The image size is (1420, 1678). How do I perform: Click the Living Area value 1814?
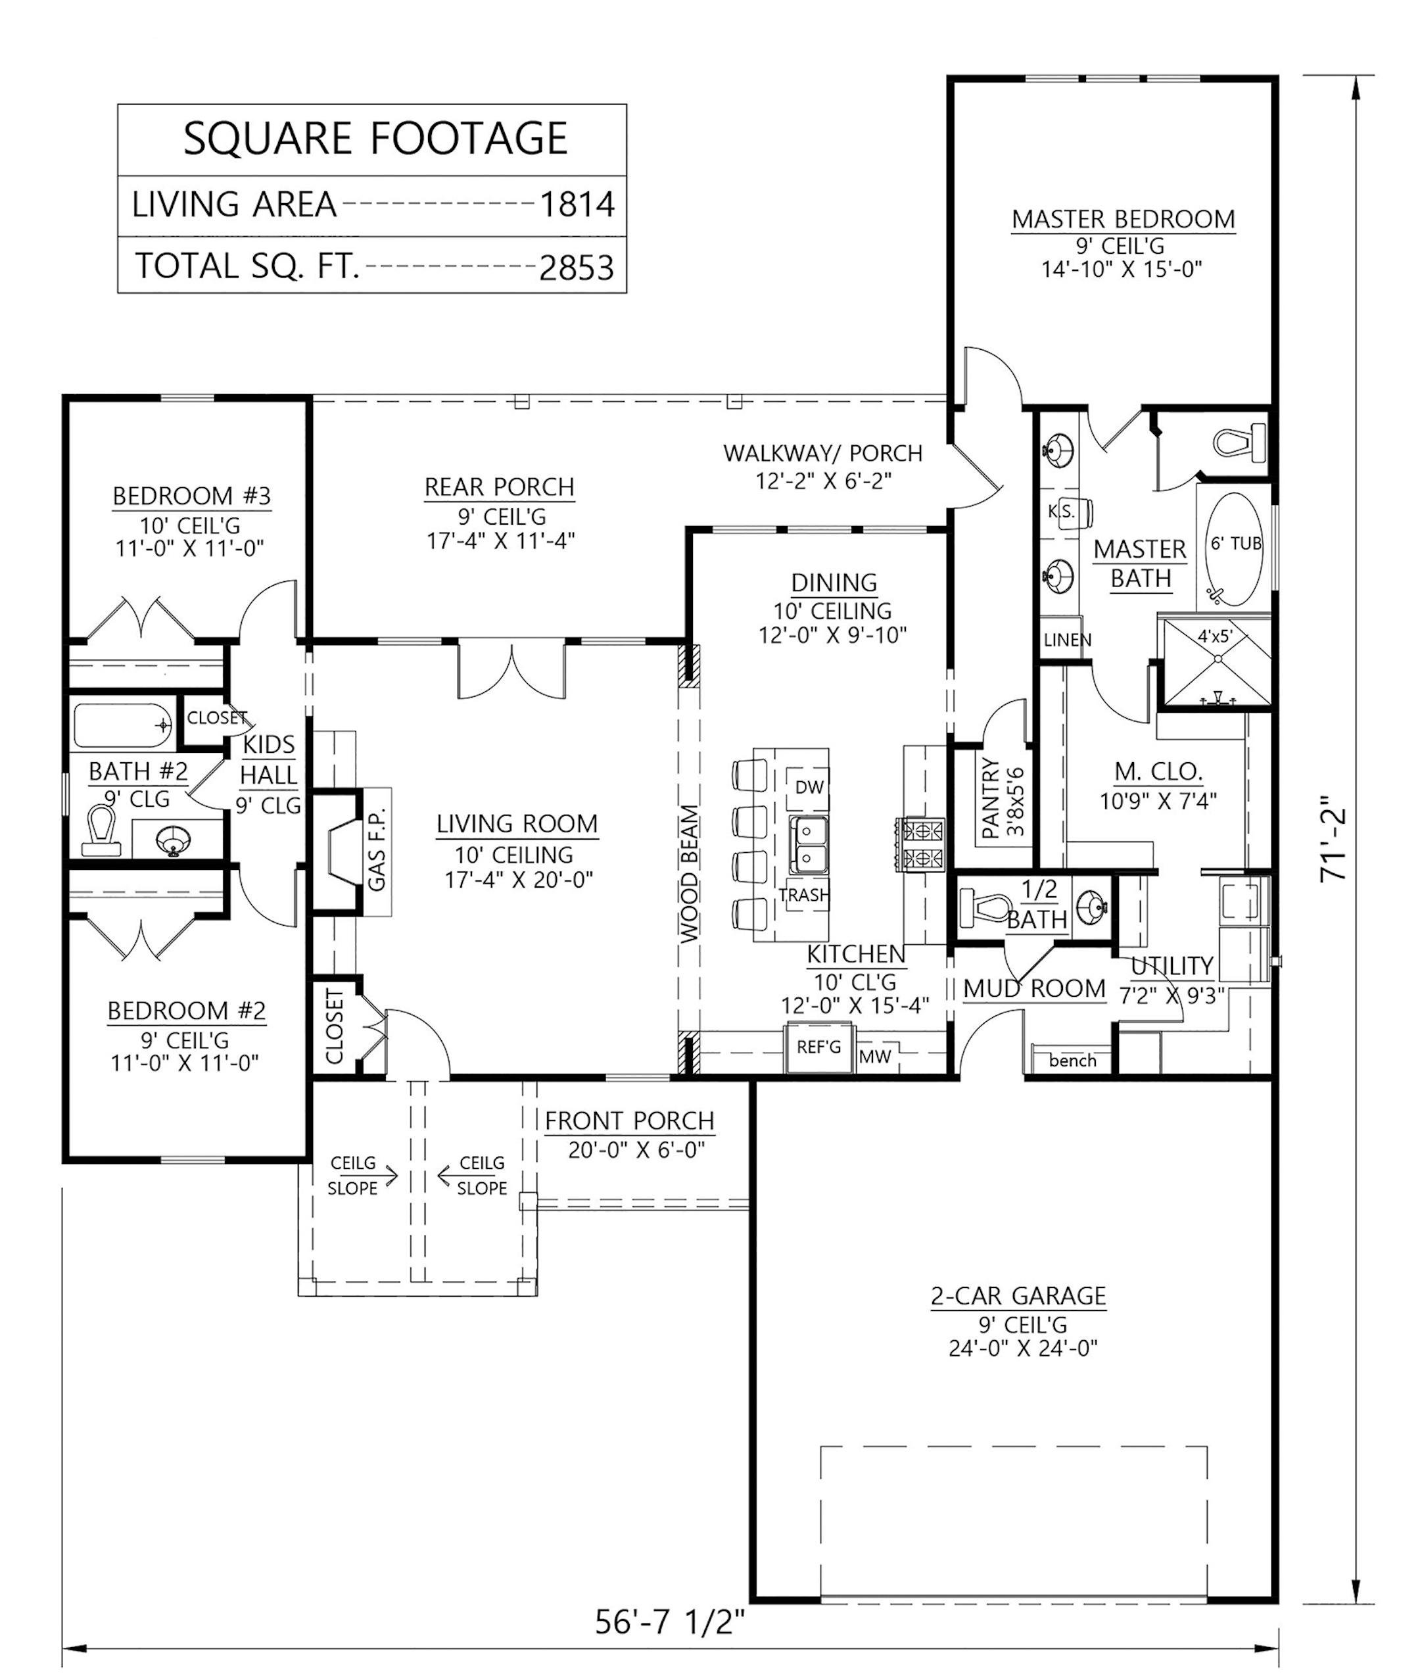tap(577, 204)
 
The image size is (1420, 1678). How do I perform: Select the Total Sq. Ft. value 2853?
tap(577, 268)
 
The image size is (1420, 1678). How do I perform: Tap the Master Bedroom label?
tap(1123, 219)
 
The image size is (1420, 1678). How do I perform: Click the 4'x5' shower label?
tap(1215, 636)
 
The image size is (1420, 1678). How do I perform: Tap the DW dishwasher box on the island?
tap(809, 788)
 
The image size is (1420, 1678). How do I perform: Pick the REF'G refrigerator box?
tap(818, 1047)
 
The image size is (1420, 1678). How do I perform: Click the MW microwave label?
tap(874, 1057)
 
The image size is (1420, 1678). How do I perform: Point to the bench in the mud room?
tap(1072, 1061)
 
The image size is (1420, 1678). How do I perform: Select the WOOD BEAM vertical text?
tap(689, 874)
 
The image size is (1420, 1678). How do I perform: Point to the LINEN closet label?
tap(1068, 640)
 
